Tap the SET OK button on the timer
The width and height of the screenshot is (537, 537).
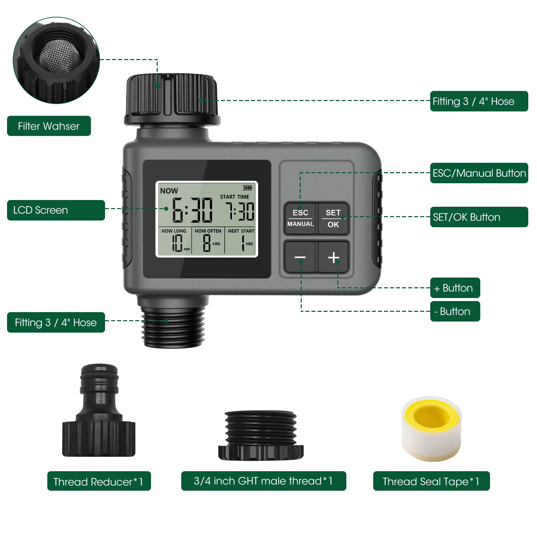(333, 218)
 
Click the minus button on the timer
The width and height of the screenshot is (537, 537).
(300, 257)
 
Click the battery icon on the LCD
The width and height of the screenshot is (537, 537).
(248, 188)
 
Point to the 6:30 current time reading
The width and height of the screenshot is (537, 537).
(192, 210)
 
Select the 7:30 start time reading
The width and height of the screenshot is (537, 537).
(240, 211)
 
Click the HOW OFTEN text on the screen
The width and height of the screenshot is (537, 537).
(208, 231)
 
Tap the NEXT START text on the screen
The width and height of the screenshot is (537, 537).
(241, 231)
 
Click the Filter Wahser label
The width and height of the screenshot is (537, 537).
(49, 126)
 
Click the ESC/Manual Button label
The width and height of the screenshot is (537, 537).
(479, 173)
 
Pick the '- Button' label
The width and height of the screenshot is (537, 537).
(455, 311)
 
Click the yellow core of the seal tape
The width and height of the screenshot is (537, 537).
(431, 416)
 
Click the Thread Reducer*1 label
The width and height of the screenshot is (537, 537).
(99, 481)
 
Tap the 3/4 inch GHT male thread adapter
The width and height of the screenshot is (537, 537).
(261, 435)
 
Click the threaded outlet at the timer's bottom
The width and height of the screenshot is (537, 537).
(173, 327)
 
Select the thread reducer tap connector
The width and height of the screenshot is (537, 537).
(99, 411)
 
